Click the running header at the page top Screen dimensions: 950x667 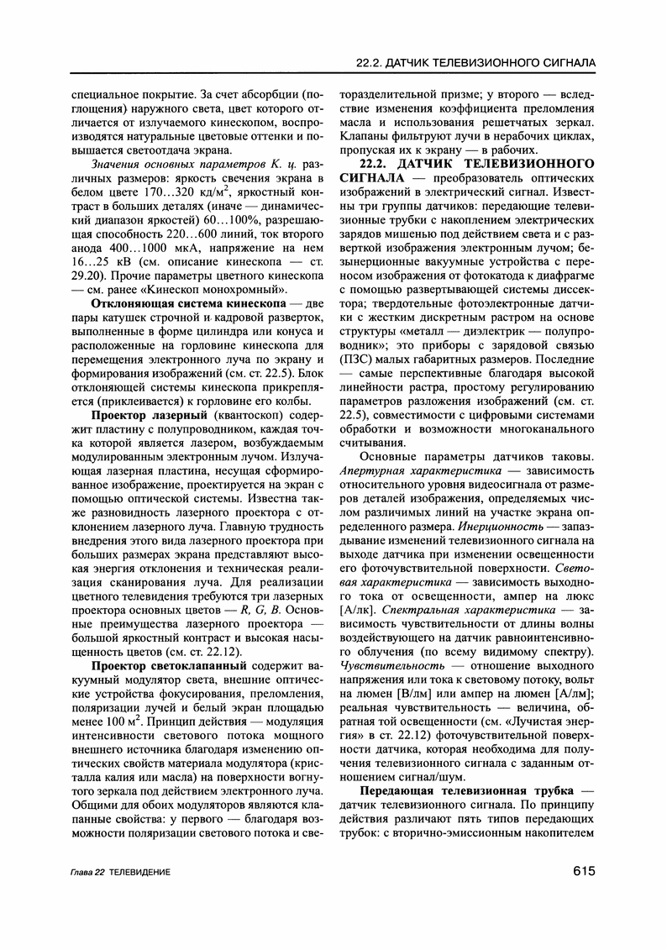tap(475, 63)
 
